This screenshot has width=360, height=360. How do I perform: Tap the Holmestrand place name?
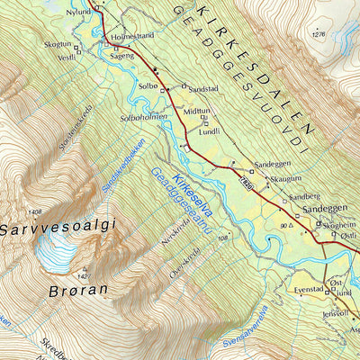tap(134, 38)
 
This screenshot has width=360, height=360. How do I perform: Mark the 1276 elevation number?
tap(318, 34)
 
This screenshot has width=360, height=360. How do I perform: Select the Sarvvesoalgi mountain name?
tap(59, 229)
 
